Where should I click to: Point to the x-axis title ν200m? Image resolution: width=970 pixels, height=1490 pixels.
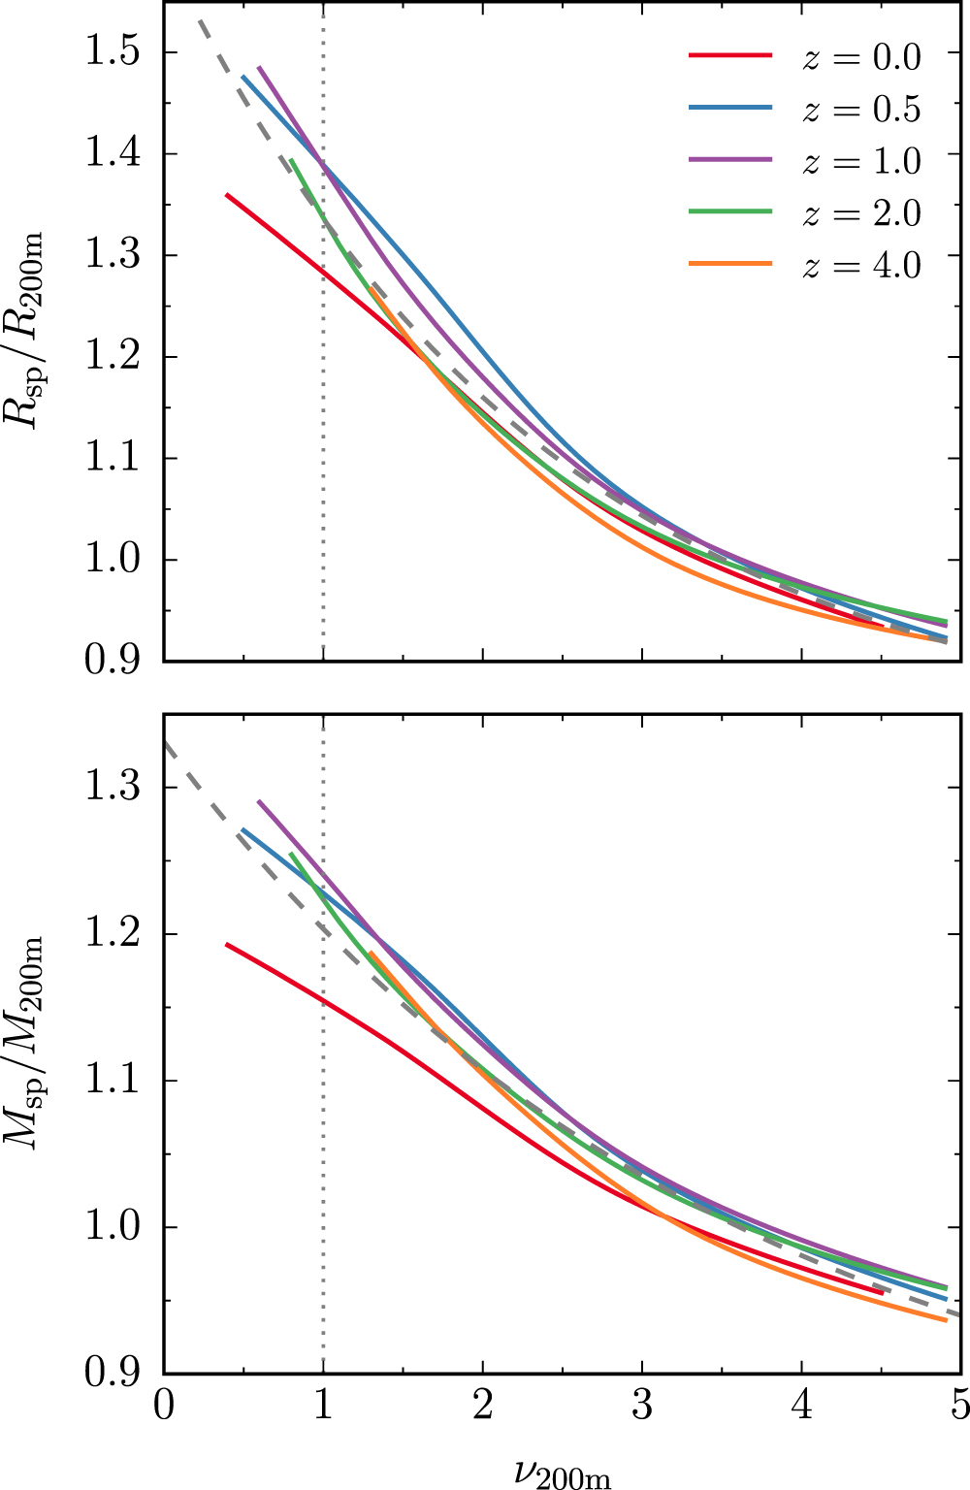563,1470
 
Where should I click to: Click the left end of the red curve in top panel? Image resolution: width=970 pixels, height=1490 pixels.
227,195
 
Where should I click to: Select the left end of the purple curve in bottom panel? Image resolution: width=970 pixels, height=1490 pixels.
259,802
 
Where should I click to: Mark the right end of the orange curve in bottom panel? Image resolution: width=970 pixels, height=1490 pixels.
946,1320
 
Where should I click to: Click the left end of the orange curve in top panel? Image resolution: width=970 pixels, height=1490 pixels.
371,287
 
